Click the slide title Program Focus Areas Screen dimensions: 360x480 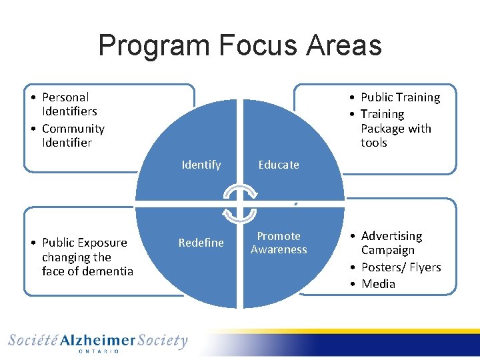coord(240,46)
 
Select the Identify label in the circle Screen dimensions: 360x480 coord(201,165)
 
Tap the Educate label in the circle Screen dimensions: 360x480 coord(279,165)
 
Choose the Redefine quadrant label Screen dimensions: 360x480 coord(201,243)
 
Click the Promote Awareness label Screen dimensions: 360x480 coord(279,243)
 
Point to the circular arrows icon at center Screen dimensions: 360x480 coord(239,203)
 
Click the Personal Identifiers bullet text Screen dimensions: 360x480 coord(69,104)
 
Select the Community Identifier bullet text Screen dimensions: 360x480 coord(73,135)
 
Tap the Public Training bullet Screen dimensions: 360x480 coord(400,97)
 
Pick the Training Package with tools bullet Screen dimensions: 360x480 coord(395,129)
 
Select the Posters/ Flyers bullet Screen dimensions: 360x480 coord(401,267)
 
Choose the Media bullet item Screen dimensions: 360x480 coord(378,284)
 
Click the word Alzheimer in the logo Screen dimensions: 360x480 coord(98,341)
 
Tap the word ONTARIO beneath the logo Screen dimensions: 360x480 coord(98,351)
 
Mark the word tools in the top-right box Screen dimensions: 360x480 coord(374,143)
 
